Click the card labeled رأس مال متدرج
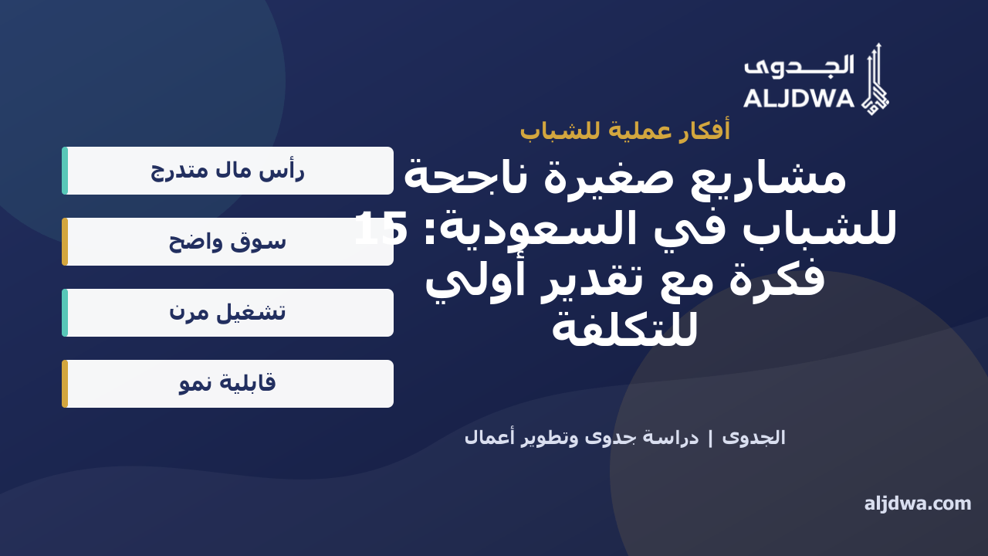click(x=228, y=171)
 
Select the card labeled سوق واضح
click(x=228, y=242)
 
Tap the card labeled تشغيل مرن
click(x=228, y=313)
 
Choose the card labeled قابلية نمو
click(x=228, y=384)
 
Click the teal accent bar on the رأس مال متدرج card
click(x=65, y=171)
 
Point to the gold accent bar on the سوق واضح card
click(x=65, y=242)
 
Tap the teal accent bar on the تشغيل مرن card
click(x=65, y=313)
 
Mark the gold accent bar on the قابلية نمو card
click(x=65, y=384)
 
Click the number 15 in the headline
click(x=381, y=229)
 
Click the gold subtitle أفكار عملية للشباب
click(x=625, y=131)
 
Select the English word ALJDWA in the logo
click(x=799, y=98)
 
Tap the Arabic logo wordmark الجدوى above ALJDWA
click(x=799, y=66)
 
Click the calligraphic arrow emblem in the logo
click(x=875, y=80)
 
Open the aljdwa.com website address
click(x=918, y=503)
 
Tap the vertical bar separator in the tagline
click(x=710, y=439)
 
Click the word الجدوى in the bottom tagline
click(x=754, y=438)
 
